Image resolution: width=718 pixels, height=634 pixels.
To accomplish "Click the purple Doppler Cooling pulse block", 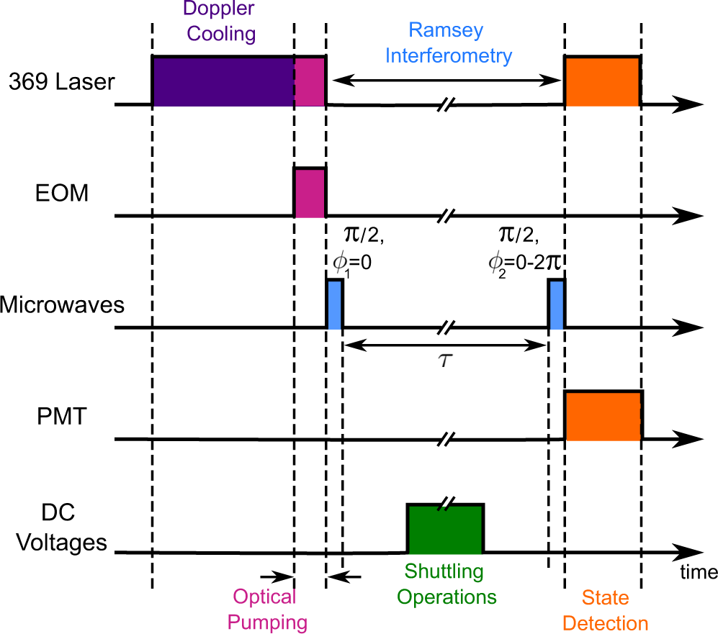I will coord(222,81).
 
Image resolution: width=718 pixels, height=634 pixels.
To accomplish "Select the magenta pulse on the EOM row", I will coord(310,192).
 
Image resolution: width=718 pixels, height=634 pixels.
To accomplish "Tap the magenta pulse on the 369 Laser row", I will coord(310,81).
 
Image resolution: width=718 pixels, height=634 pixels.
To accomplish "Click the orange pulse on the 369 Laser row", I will coord(602,81).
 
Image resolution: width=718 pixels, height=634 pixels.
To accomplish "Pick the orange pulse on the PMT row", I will coord(603,415).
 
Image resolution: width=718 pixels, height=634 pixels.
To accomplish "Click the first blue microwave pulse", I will coord(335,304).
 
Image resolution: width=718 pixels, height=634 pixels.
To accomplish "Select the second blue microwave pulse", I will coord(556,304).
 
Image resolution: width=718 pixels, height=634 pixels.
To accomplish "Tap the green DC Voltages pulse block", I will coord(445,529).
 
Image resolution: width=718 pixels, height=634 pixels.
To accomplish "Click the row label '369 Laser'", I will coord(61,82).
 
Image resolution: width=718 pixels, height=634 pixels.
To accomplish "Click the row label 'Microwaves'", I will coord(62,304).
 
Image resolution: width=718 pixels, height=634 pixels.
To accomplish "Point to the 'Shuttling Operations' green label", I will coord(446,584).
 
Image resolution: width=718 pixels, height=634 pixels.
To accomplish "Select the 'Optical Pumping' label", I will coord(269,609).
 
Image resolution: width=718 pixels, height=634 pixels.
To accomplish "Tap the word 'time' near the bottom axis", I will coord(697,573).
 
